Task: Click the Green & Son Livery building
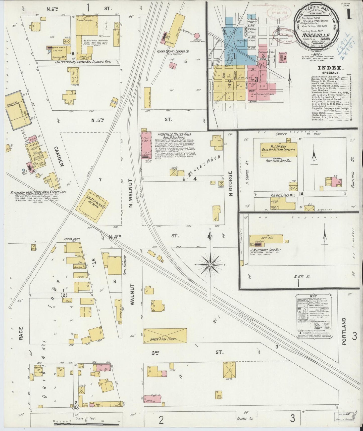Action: pyautogui.click(x=165, y=335)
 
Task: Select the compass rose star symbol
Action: pyautogui.click(x=210, y=265)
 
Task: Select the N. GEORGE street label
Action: pyautogui.click(x=231, y=185)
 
